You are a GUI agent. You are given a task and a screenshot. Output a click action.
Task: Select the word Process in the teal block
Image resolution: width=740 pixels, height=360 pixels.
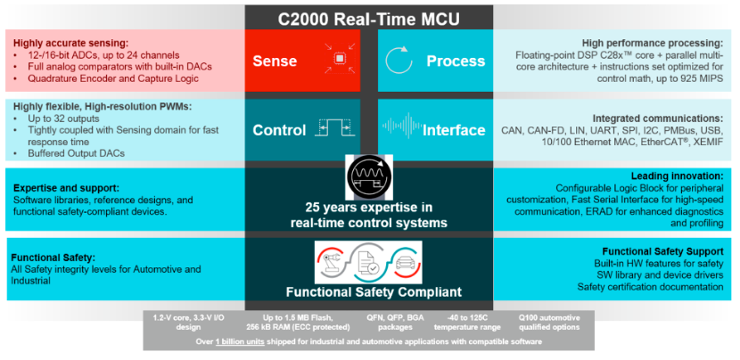tap(456, 61)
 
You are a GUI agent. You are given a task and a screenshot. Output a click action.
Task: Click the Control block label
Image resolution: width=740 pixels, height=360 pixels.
tap(279, 130)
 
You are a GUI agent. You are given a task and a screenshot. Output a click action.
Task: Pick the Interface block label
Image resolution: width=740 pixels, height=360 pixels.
tap(454, 130)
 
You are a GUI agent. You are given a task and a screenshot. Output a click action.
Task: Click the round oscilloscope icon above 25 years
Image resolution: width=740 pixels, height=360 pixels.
tap(369, 174)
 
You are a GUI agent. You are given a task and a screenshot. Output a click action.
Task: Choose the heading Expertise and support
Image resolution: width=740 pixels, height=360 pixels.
tap(64, 189)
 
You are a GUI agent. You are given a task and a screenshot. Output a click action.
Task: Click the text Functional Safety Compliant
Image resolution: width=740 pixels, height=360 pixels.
tap(369, 291)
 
